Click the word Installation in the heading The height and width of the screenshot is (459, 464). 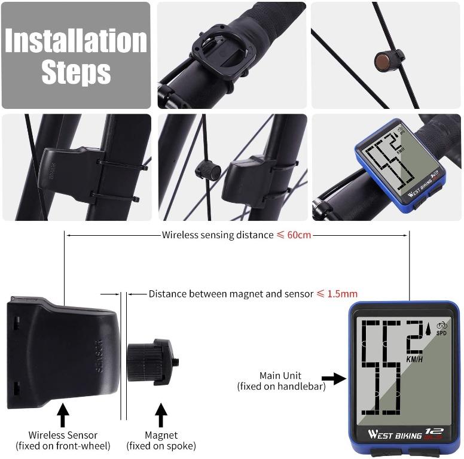click(x=76, y=41)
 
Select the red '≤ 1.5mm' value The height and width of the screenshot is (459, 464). click(x=337, y=294)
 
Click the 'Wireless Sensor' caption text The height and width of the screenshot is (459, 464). click(x=63, y=435)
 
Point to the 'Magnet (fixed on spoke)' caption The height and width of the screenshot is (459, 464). click(x=161, y=440)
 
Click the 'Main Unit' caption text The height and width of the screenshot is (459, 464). click(x=281, y=375)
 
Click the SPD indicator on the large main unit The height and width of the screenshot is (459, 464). click(x=441, y=333)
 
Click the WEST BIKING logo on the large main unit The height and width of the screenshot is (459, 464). click(x=395, y=434)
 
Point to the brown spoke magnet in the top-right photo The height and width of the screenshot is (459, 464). click(x=383, y=60)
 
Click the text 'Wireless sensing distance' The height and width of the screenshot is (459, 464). click(x=218, y=235)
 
